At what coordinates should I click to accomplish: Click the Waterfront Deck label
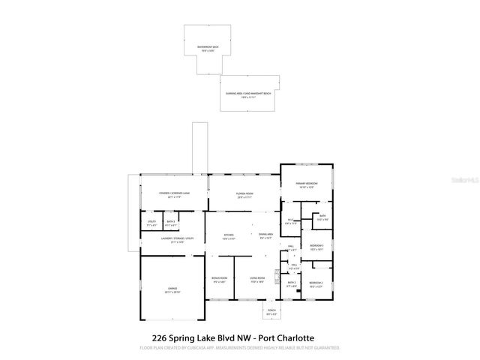208,47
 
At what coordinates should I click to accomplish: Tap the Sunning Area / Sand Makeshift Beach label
248,94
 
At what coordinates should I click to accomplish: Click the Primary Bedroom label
307,184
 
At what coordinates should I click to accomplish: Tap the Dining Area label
265,236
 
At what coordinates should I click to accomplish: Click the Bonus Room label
220,280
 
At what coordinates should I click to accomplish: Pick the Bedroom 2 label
316,283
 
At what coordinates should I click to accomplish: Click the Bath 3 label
171,221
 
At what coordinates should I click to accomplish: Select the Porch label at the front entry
271,313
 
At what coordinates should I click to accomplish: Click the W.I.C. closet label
291,221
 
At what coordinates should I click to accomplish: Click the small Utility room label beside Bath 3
151,221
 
